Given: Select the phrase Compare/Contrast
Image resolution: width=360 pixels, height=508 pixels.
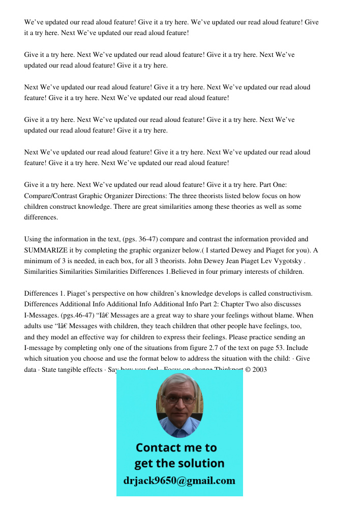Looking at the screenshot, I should point(49,196).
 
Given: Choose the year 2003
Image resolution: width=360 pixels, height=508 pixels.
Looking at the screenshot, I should point(259,369).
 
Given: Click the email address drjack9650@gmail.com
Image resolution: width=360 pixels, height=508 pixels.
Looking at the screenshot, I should point(179,481).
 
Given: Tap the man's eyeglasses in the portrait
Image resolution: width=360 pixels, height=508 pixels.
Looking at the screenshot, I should point(179,399).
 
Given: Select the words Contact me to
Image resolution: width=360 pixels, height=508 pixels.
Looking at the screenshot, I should point(176,448).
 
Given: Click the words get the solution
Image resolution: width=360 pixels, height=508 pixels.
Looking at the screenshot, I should point(179,463).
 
